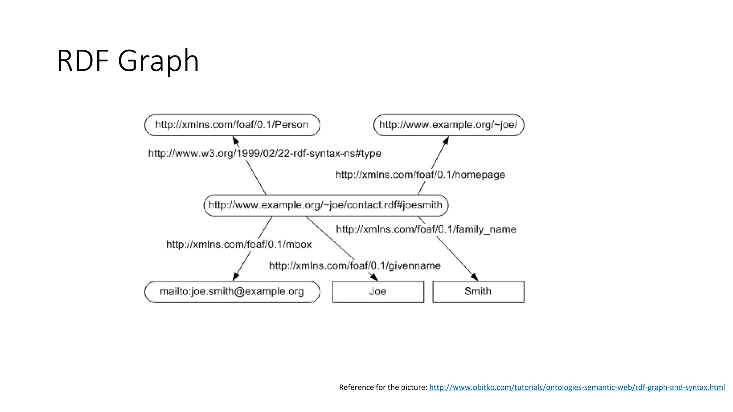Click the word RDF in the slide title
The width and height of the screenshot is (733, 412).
(83, 61)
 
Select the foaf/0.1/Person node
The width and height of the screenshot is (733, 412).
(232, 125)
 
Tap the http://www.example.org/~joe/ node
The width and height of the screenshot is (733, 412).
(448, 125)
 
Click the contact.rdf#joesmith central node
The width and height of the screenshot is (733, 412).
(325, 205)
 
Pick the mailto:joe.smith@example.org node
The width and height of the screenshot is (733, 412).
(232, 291)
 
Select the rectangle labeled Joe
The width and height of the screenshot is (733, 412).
(378, 291)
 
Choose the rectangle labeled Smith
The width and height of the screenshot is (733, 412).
(478, 291)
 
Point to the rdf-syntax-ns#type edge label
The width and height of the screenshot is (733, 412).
(264, 153)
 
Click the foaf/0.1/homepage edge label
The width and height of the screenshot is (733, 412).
(420, 175)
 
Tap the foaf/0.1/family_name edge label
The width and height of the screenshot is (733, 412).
(426, 229)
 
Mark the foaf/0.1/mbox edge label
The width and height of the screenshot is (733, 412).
(239, 244)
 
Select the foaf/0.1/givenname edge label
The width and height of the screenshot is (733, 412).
(355, 266)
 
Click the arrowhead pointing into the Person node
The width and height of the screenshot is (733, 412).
(236, 140)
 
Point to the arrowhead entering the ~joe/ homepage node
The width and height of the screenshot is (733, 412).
(446, 140)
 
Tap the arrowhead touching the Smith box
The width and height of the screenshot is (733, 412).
(475, 277)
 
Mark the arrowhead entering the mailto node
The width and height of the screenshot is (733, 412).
(236, 276)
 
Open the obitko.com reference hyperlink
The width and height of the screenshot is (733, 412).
(577, 387)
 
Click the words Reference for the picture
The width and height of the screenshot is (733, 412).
(383, 387)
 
